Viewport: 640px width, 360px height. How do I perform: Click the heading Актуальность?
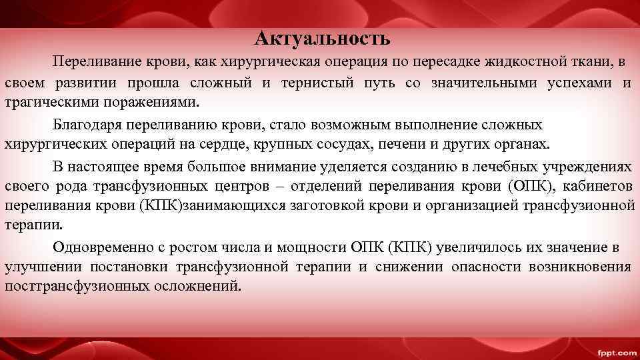(322, 39)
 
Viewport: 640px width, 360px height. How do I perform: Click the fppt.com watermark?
(615, 351)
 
